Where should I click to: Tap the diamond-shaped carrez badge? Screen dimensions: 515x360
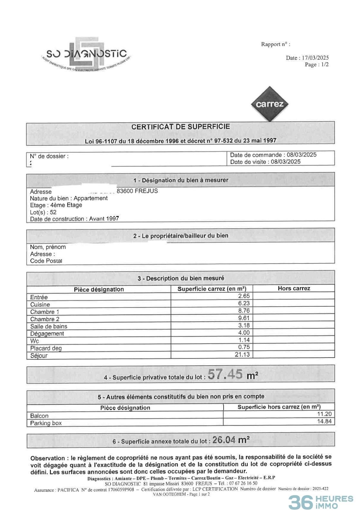coord(270,104)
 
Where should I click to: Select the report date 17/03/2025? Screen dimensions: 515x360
coord(315,58)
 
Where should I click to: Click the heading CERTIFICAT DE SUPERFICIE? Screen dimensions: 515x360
coord(180,127)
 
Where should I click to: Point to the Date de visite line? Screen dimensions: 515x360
coord(265,162)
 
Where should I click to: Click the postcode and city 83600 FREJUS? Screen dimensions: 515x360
coord(137,191)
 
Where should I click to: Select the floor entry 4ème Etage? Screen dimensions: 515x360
coord(66,205)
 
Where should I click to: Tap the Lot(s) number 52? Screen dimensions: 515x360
coord(53,212)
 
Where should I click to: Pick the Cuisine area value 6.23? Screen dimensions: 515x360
coord(244,303)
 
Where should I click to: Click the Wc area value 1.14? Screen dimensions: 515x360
coord(244,340)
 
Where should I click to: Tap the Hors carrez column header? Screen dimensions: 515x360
coord(294,288)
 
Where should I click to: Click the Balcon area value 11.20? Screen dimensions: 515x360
coord(324,414)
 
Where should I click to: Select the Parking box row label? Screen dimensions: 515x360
coord(46,423)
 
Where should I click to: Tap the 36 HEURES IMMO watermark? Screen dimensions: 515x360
coord(320,502)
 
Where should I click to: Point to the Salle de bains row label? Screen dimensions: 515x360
coord(49,326)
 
